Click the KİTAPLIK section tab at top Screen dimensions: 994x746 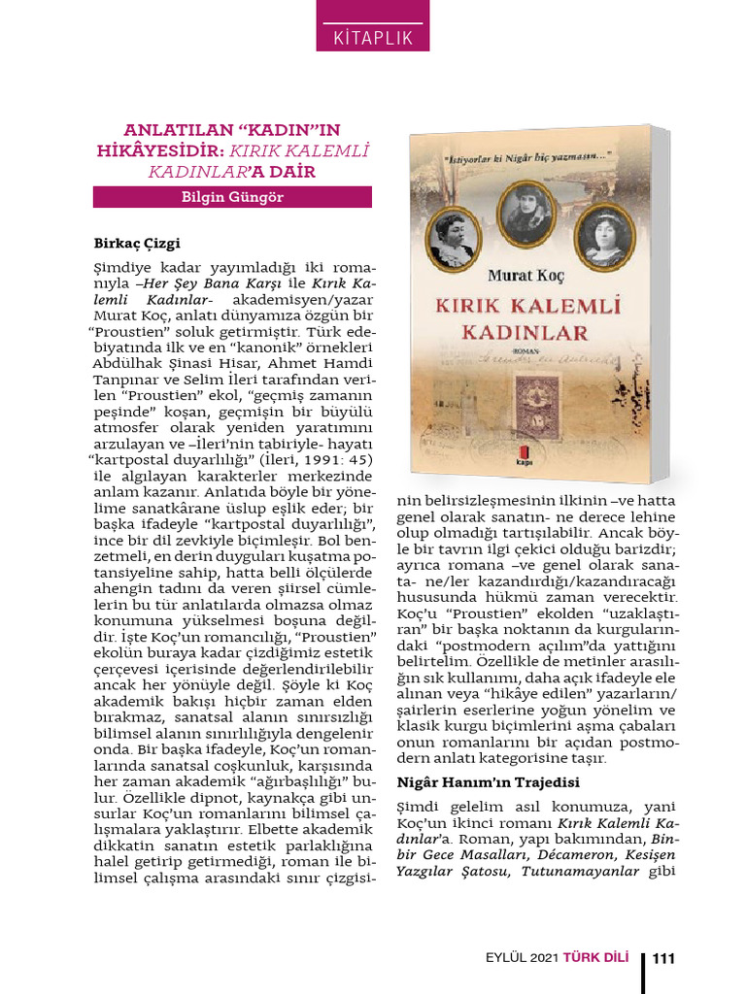[374, 39]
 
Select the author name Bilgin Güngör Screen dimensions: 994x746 [233, 197]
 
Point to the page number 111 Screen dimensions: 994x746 [664, 959]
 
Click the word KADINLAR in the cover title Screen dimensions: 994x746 [526, 332]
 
